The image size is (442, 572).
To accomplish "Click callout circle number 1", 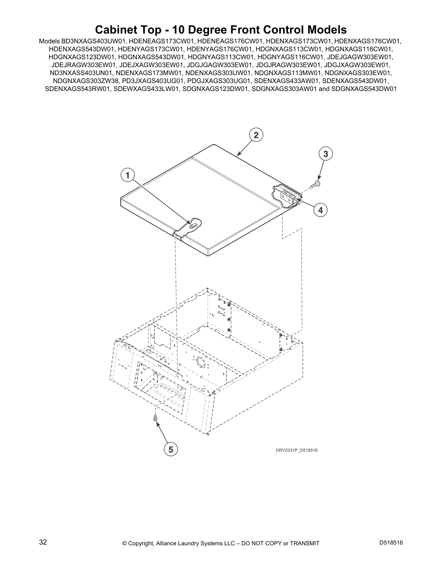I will pos(127,175).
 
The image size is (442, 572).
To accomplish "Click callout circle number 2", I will pos(256,135).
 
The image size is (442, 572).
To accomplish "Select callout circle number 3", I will pos(325,154).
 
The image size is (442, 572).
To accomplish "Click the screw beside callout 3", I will pos(318,183).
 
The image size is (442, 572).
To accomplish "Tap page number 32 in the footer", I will pos(43,542).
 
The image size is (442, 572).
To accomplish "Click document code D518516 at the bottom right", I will pos(391,543).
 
